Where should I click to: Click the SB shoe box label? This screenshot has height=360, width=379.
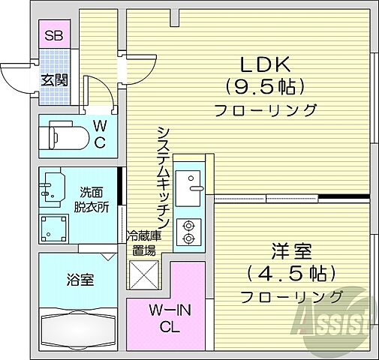tap(53, 34)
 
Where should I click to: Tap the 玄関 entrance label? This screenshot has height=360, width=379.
tap(54, 79)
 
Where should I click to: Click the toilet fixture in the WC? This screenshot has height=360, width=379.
tap(67, 137)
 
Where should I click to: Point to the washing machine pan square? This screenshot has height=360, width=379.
tap(55, 227)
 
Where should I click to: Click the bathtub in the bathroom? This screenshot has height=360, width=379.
tap(79, 328)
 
